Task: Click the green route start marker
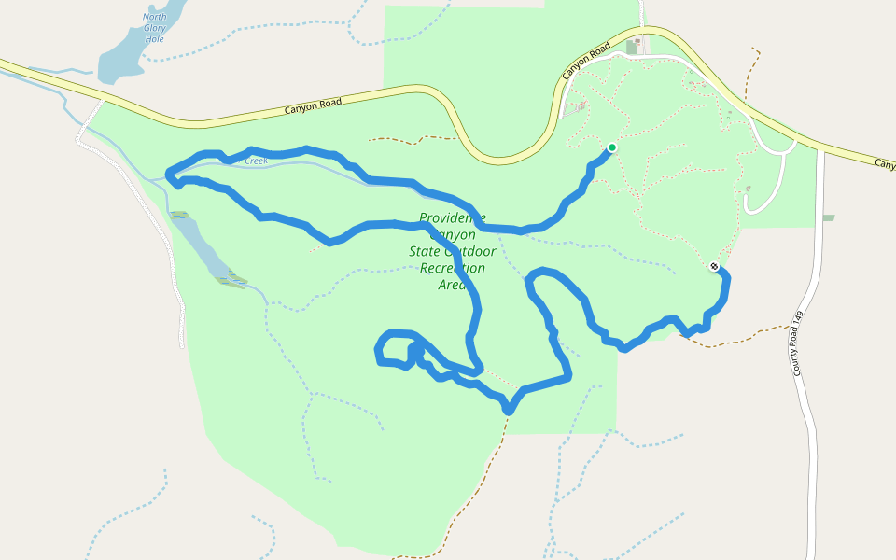[612, 147]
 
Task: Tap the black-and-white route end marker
[714, 267]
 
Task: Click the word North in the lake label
[154, 17]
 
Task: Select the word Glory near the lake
[154, 28]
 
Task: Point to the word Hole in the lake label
[154, 39]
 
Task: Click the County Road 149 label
[798, 343]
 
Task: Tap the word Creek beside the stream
[256, 161]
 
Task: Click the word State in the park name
[426, 251]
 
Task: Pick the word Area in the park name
[452, 285]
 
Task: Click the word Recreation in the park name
[453, 268]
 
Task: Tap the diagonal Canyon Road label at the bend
[586, 61]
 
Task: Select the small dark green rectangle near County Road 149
[828, 217]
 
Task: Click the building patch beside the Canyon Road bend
[632, 47]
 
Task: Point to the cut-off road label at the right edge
[885, 164]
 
